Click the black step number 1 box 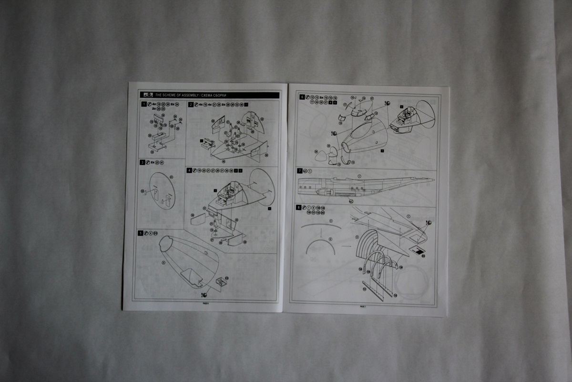point(143,104)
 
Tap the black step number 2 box point(191,104)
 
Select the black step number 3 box point(142,162)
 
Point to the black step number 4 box point(189,170)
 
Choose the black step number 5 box point(140,233)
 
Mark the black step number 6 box point(302,97)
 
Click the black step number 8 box point(299,207)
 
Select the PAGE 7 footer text point(362,307)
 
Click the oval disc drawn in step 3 point(162,191)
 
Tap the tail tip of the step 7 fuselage point(433,180)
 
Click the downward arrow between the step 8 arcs point(322,234)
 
